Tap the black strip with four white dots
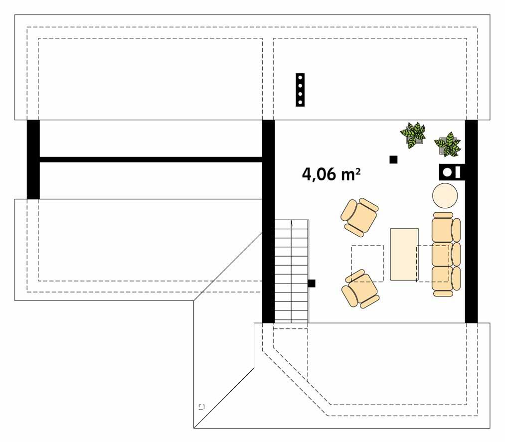point(300,90)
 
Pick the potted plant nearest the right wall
point(448,144)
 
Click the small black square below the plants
point(393,159)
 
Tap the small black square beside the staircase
point(312,284)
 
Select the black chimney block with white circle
point(451,172)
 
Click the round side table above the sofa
point(445,196)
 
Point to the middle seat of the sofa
point(443,254)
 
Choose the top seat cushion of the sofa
point(443,229)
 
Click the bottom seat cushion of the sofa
point(443,278)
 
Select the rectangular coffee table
point(404,254)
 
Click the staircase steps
point(291,272)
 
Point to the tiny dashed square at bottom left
point(201,407)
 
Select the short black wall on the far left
point(33,159)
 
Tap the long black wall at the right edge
point(471,222)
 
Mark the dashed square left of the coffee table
point(367,263)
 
